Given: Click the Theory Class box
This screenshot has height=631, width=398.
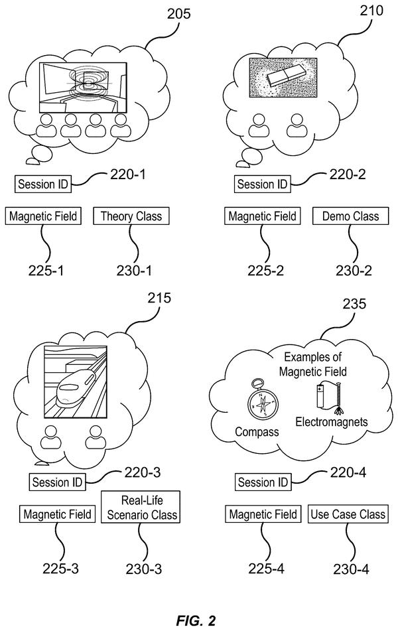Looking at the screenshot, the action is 131,216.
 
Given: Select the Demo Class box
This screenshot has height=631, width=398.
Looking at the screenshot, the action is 350,216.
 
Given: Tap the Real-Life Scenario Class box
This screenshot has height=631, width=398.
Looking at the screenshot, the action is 141,507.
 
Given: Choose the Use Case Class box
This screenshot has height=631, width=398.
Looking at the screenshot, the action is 348,514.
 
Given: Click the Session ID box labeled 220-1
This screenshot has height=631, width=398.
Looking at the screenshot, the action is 42,184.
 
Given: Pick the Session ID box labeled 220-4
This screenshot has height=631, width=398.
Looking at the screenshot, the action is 263,482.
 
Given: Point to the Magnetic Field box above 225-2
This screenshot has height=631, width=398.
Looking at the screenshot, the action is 263,216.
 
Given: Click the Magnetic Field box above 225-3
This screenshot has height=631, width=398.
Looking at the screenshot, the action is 58,514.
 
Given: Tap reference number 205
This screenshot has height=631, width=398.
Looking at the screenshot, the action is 178,14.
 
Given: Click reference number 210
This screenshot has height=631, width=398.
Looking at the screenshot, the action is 371,11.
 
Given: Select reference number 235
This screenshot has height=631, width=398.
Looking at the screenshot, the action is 354,304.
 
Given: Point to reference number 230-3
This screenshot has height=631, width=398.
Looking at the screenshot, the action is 144,569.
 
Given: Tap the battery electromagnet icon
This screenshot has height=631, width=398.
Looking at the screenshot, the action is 329,398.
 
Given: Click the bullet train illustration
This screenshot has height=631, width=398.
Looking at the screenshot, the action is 75,382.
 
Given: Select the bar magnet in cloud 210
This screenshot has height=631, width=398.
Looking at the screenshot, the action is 286,76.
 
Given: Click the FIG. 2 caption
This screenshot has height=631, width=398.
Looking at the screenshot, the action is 196,620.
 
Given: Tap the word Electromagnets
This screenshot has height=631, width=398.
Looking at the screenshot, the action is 332,422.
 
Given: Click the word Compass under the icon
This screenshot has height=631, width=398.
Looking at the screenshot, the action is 257,432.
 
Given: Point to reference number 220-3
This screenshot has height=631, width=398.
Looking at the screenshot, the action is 143,472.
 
